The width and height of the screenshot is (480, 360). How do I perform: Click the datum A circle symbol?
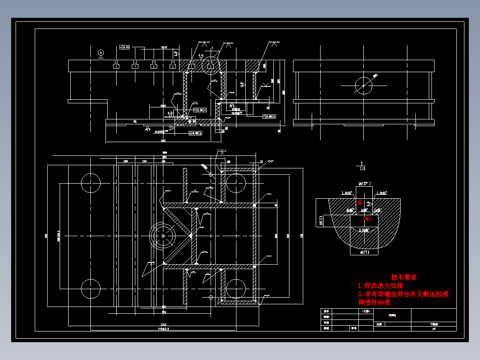(x=101, y=53)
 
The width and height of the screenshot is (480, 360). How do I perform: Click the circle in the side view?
(x=363, y=84)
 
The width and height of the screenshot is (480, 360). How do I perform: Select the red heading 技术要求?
(x=404, y=277)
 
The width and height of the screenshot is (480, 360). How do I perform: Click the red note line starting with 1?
(x=380, y=286)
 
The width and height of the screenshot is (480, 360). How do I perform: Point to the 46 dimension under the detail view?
(x=364, y=253)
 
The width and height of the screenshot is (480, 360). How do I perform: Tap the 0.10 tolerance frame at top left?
(x=125, y=46)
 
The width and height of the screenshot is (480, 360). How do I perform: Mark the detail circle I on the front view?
(x=212, y=65)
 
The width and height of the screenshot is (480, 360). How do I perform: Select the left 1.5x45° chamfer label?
(x=347, y=193)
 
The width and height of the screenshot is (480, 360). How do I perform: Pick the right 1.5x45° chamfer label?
(x=382, y=193)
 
